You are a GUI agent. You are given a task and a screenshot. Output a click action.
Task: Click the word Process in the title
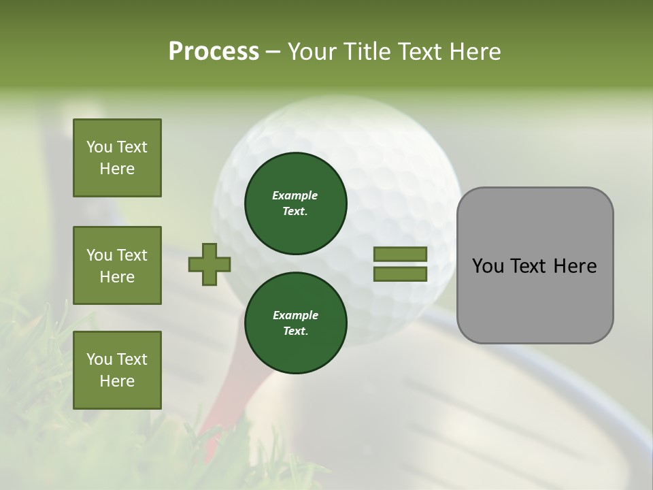214,52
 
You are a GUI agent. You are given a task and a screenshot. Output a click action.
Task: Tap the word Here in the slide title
474,52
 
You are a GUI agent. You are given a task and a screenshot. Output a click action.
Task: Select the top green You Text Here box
117,158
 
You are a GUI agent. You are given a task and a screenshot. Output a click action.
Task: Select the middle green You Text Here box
117,265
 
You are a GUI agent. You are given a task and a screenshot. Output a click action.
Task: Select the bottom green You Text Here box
117,370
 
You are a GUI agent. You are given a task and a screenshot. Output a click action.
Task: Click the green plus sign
210,264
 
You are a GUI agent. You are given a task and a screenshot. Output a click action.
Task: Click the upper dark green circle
296,203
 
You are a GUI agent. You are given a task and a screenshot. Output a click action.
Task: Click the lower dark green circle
296,323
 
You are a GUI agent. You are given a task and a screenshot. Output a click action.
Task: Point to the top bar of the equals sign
401,255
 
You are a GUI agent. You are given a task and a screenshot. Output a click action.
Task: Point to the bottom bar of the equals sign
401,274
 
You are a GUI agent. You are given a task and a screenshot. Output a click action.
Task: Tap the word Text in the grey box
530,266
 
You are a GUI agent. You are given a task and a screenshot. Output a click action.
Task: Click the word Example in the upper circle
295,195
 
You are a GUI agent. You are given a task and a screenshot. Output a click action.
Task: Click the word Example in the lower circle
295,315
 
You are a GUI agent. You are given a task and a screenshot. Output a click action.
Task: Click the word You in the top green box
99,147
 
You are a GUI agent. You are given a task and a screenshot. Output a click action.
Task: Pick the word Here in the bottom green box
117,381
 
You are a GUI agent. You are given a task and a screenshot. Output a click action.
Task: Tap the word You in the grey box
488,266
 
